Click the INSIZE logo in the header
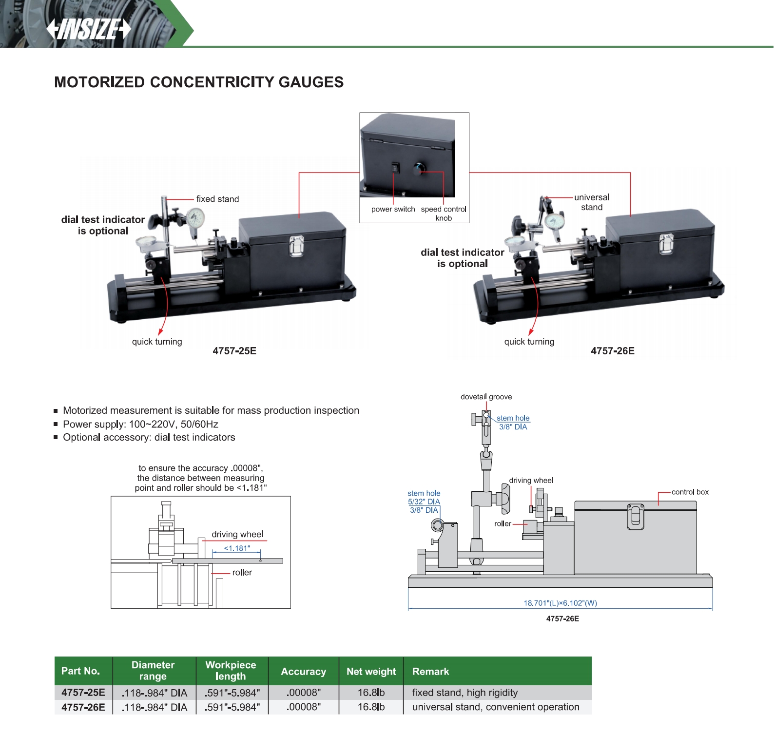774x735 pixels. (x=89, y=29)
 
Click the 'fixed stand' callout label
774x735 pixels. (x=217, y=199)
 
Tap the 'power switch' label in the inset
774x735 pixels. (x=393, y=209)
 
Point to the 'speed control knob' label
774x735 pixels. (x=444, y=213)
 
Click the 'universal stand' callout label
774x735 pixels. (x=592, y=202)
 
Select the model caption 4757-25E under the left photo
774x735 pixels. (x=234, y=351)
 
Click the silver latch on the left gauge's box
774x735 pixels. (x=296, y=246)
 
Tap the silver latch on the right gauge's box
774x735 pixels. (x=666, y=244)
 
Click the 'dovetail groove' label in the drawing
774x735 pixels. (x=486, y=397)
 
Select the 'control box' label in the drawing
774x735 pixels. (x=690, y=492)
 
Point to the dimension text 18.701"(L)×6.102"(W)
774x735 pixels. (x=560, y=603)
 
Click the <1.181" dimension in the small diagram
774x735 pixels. (x=237, y=548)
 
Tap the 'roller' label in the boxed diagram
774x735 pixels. (x=242, y=572)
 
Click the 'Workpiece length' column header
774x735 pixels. (x=231, y=671)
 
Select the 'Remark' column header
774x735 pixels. (x=430, y=671)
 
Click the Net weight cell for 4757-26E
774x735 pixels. (x=371, y=707)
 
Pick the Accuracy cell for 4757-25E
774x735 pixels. (x=303, y=693)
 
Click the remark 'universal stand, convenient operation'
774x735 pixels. (x=496, y=707)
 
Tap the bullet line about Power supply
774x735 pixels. (x=140, y=424)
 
